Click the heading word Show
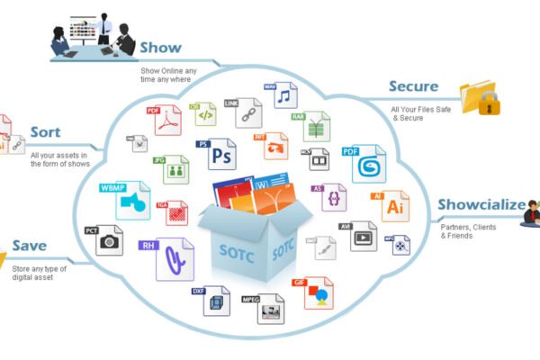[x=161, y=47]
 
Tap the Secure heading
[x=413, y=87]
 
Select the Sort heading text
[x=45, y=132]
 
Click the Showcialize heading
[x=481, y=204]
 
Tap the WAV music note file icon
[x=283, y=95]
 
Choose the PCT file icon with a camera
[x=109, y=238]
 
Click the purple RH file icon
[x=172, y=256]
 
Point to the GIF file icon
[x=318, y=292]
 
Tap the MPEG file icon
[x=269, y=307]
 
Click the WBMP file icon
[x=132, y=200]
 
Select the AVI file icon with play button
[x=362, y=236]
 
